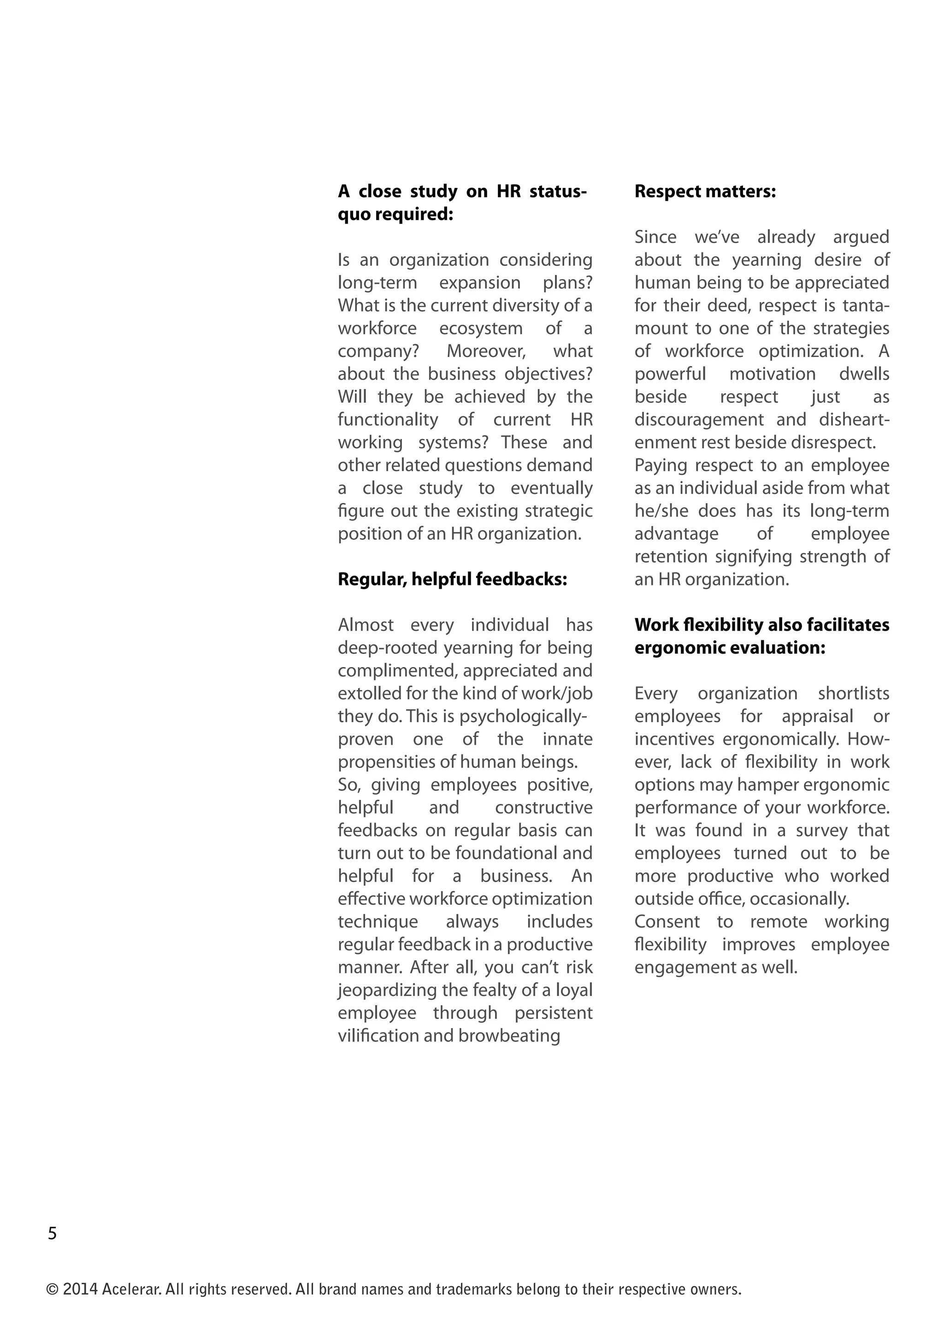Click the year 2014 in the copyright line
80,1290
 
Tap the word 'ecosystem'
480,328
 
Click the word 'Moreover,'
486,351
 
